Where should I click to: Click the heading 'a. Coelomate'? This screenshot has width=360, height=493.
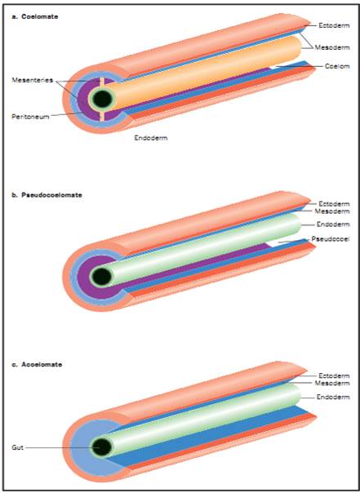coord(35,16)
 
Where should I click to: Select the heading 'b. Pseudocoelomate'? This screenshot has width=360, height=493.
coord(47,195)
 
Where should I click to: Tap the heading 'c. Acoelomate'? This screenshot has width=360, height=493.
coord(37,365)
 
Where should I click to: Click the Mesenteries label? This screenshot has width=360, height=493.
coord(33,80)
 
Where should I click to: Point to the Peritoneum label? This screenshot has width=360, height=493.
coord(30,117)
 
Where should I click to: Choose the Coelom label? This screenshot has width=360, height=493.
coord(337,66)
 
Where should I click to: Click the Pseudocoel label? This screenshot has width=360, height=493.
coord(330,239)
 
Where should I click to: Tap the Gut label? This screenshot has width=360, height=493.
coord(18,447)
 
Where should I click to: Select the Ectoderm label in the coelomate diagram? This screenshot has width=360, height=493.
coord(334,25)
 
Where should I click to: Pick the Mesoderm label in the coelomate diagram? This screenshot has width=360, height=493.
coord(332,47)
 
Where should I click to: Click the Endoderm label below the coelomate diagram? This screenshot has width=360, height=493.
coord(151,138)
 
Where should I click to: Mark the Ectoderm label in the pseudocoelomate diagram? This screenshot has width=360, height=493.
coord(334,204)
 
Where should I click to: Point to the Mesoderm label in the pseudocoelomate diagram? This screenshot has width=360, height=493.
coord(332,211)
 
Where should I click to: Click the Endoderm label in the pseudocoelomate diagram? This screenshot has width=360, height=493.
coord(333,224)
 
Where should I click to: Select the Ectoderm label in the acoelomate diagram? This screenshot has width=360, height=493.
coord(334,375)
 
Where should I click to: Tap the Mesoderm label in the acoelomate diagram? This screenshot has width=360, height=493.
coord(332,383)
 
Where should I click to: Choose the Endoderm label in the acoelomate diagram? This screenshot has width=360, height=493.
coord(333,398)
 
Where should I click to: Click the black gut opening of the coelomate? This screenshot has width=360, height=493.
coord(103,99)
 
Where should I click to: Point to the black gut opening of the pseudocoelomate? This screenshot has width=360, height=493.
coord(102,277)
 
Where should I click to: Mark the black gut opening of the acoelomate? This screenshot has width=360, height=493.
coord(102,447)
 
